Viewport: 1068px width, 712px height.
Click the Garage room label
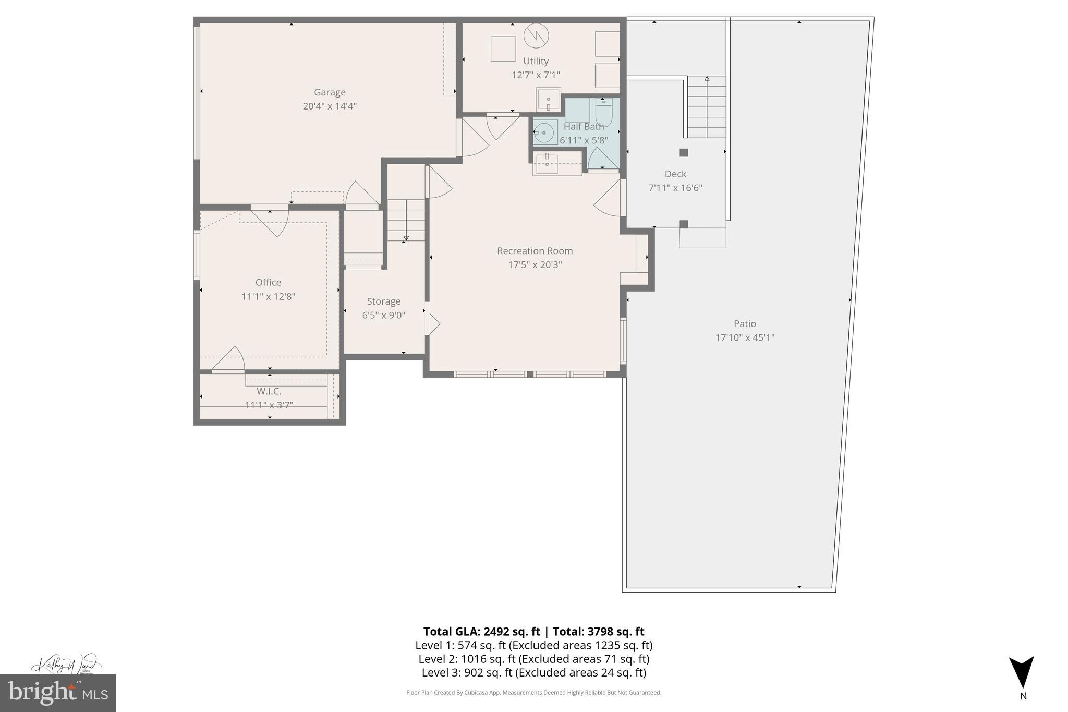point(329,92)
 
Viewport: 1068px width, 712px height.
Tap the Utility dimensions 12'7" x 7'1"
point(536,75)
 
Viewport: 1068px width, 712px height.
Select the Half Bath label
point(584,126)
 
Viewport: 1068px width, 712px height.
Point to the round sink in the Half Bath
point(544,133)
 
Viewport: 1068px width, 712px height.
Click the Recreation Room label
point(535,251)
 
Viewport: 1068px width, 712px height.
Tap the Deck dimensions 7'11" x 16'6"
point(675,188)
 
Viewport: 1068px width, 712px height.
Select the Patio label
point(744,324)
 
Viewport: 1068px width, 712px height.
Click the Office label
point(268,282)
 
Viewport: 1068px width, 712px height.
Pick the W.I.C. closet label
point(269,391)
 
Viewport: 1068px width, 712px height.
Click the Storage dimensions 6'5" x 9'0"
point(383,315)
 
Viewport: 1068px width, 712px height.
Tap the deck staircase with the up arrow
point(707,107)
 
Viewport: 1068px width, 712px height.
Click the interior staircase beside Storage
point(406,220)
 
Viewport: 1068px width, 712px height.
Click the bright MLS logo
point(58,692)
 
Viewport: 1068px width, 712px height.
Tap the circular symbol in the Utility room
point(536,35)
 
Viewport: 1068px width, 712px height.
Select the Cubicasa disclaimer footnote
point(533,693)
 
